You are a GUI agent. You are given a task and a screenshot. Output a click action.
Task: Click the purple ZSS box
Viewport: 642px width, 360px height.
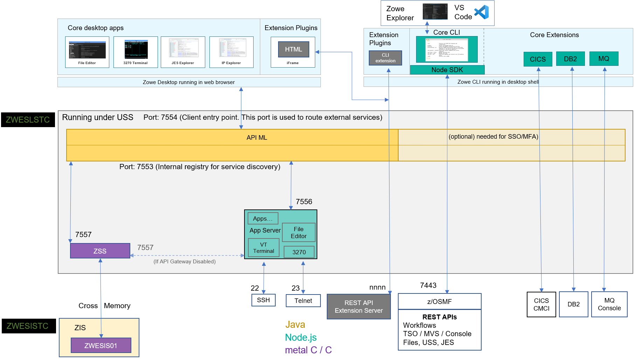pos(100,251)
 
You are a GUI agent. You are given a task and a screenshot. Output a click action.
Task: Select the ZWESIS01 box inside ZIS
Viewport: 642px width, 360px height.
pos(101,345)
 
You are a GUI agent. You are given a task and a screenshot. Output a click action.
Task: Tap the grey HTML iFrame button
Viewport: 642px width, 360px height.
pos(294,49)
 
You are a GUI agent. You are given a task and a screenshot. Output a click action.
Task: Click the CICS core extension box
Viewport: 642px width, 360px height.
pos(538,59)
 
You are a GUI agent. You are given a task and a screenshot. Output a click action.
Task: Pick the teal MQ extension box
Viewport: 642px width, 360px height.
pos(603,58)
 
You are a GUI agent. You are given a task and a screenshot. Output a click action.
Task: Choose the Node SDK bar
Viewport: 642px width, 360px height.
pos(447,70)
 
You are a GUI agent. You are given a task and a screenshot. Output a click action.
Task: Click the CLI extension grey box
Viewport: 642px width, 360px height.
pos(385,58)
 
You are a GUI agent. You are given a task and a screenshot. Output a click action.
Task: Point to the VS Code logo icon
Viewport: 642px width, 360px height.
pos(482,12)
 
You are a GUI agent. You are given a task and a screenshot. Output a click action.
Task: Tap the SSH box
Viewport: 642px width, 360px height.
pos(263,300)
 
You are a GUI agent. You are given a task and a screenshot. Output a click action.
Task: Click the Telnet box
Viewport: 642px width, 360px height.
pos(303,300)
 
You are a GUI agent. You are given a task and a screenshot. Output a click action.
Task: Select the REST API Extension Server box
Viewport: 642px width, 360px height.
pos(359,306)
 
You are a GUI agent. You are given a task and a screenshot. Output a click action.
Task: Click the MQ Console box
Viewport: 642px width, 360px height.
pos(609,304)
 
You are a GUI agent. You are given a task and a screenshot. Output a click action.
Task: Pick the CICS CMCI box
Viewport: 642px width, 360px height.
pos(541,304)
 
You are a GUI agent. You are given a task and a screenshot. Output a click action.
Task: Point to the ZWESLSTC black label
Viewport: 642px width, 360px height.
pos(28,120)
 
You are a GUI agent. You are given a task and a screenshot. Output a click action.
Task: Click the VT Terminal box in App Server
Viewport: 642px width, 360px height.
pos(263,248)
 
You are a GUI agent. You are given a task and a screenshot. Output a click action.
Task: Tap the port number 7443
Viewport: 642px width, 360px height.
pos(428,285)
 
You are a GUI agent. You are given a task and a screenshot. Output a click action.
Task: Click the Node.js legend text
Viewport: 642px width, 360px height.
pos(301,337)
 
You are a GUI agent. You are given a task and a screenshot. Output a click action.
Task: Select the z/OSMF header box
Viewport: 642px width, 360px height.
pos(439,302)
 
